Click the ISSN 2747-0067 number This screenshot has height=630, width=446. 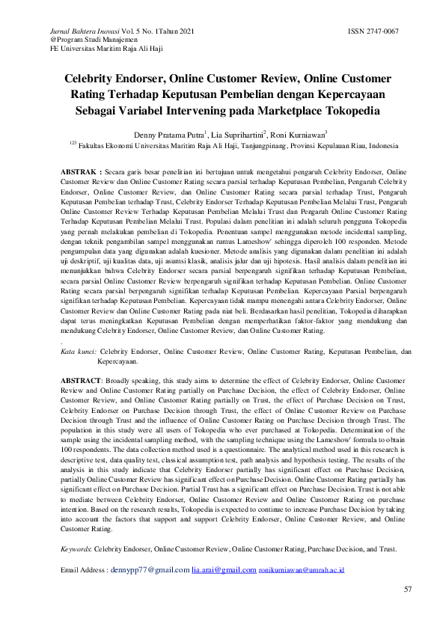tap(373, 31)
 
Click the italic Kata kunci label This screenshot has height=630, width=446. tap(78, 350)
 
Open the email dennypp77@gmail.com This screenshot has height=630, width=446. tap(150, 570)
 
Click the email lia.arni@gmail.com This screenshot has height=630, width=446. tap(224, 570)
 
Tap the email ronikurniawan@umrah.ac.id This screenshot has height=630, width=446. tap(302, 570)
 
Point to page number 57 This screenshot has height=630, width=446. tap(408, 590)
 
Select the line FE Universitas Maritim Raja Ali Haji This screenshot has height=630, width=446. tap(96, 48)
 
